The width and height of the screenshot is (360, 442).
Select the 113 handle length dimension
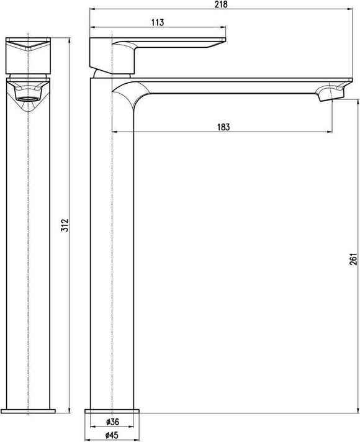[157, 23]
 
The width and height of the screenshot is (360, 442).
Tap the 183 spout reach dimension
[223, 127]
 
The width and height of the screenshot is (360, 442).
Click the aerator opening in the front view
[29, 97]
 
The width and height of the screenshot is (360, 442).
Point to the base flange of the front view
[29, 411]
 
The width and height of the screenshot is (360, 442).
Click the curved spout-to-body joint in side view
[127, 93]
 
